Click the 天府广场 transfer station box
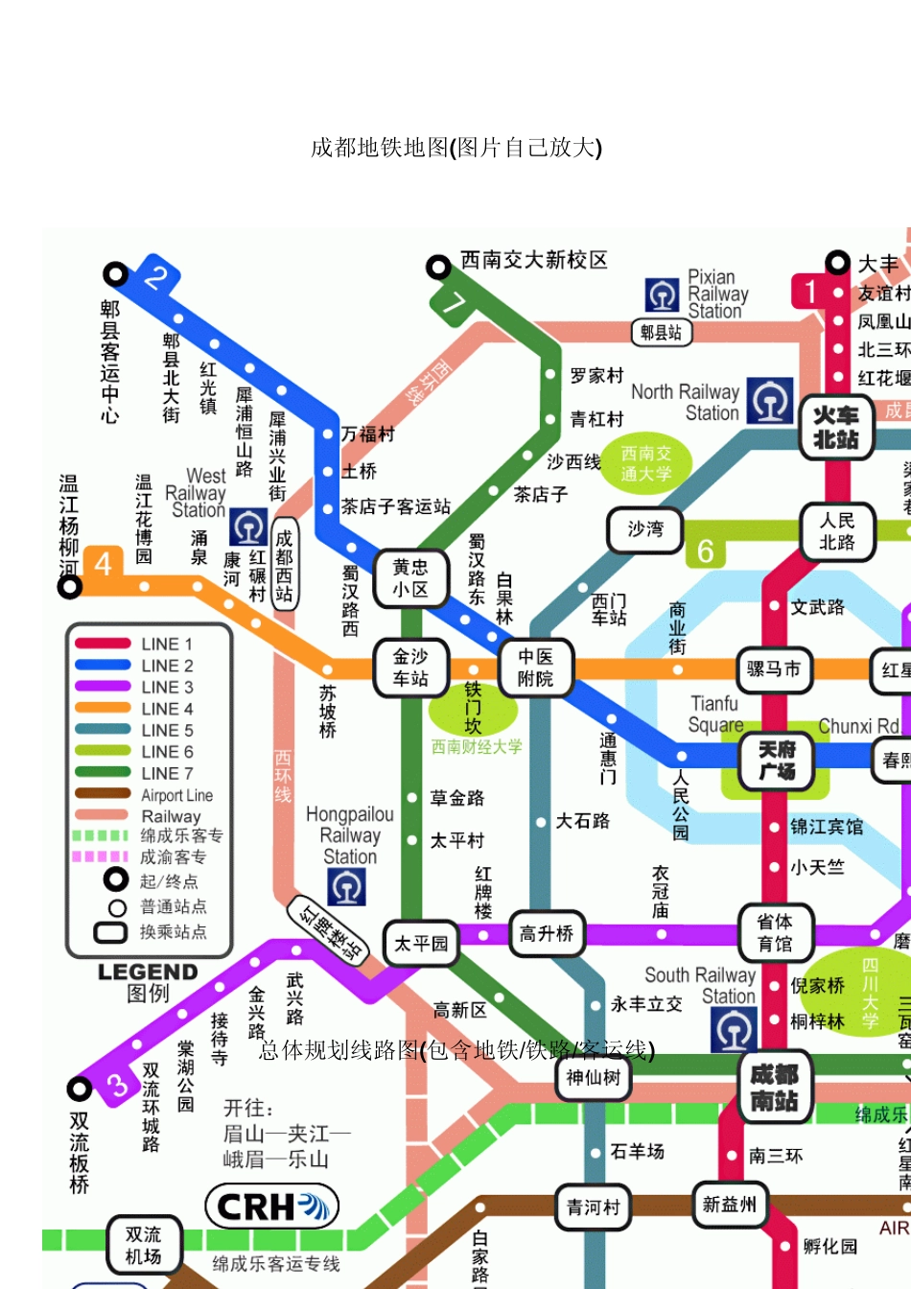pyautogui.click(x=777, y=761)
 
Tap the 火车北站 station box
pyautogui.click(x=835, y=428)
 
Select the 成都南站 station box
pyautogui.click(x=774, y=1088)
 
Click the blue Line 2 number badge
pyautogui.click(x=154, y=278)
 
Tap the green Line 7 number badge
pyautogui.click(x=453, y=304)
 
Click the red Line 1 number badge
pyautogui.click(x=810, y=292)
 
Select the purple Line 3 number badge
pyautogui.click(x=118, y=1085)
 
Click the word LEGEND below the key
pyautogui.click(x=148, y=972)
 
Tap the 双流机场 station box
pyautogui.click(x=143, y=1245)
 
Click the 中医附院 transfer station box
pyautogui.click(x=535, y=668)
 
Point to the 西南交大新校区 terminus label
pyautogui.click(x=533, y=261)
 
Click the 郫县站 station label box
pyautogui.click(x=661, y=333)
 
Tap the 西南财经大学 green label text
pyautogui.click(x=476, y=747)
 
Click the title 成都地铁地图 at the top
pyautogui.click(x=456, y=147)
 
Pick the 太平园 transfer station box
pyautogui.click(x=421, y=944)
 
